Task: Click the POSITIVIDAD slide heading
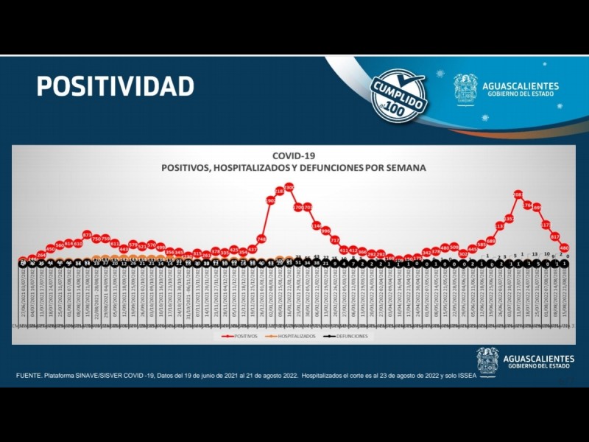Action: click(116, 86)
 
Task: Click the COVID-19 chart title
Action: click(294, 156)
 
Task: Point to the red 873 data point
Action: click(87, 235)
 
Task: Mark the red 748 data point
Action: click(261, 239)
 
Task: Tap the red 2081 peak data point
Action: click(518, 194)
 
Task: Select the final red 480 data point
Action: click(564, 248)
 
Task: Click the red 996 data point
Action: click(325, 231)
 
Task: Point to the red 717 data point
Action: click(334, 240)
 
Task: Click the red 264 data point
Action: click(41, 255)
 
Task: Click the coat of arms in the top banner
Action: click(465, 88)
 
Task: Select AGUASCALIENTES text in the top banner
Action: click(522, 85)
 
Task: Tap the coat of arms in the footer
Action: click(487, 361)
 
